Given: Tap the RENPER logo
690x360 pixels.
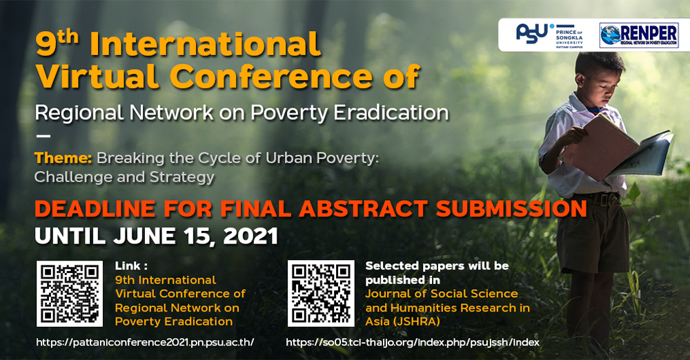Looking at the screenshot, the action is [x=639, y=35].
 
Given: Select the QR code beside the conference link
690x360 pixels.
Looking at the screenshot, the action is [x=70, y=294].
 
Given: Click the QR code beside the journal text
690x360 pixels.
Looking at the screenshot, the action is [x=321, y=294].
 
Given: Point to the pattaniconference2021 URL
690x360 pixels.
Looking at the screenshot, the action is [x=145, y=342].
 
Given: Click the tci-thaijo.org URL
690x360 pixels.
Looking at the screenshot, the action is [x=413, y=342].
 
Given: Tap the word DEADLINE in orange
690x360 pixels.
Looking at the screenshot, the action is [x=95, y=208].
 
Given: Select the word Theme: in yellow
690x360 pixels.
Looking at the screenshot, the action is [x=63, y=157].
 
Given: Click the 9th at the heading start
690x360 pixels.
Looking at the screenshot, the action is [x=57, y=44].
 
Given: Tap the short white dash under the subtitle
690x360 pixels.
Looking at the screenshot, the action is [x=43, y=136].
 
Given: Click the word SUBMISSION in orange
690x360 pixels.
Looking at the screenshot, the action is [x=511, y=208].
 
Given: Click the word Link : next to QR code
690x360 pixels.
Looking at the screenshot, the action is [x=131, y=266].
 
